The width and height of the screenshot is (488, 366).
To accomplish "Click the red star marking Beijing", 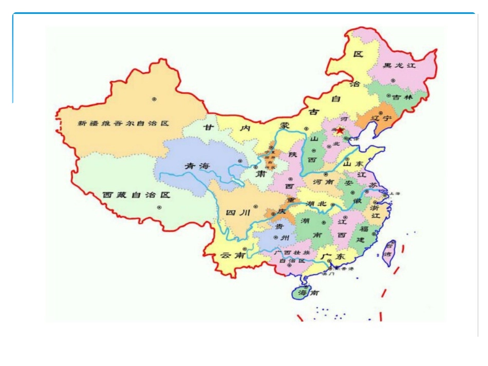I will click(340, 131).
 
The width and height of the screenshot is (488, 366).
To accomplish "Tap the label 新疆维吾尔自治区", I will click(123, 123).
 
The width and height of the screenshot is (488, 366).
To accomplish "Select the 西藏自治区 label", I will click(136, 195).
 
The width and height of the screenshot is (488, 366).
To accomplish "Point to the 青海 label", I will click(198, 166).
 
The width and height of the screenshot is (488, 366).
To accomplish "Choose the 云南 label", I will click(232, 255).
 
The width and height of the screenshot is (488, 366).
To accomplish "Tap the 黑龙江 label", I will click(400, 66).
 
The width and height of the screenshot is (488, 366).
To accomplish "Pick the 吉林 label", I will click(402, 97).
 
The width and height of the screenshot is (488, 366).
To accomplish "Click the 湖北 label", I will click(315, 204).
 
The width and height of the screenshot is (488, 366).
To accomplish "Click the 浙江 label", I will click(375, 213).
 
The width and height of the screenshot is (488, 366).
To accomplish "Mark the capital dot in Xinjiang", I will click(154, 99).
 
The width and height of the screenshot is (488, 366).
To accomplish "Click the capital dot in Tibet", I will click(159, 207).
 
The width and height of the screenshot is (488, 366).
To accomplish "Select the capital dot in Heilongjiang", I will click(393, 80).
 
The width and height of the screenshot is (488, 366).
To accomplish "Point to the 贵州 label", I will click(281, 232).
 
